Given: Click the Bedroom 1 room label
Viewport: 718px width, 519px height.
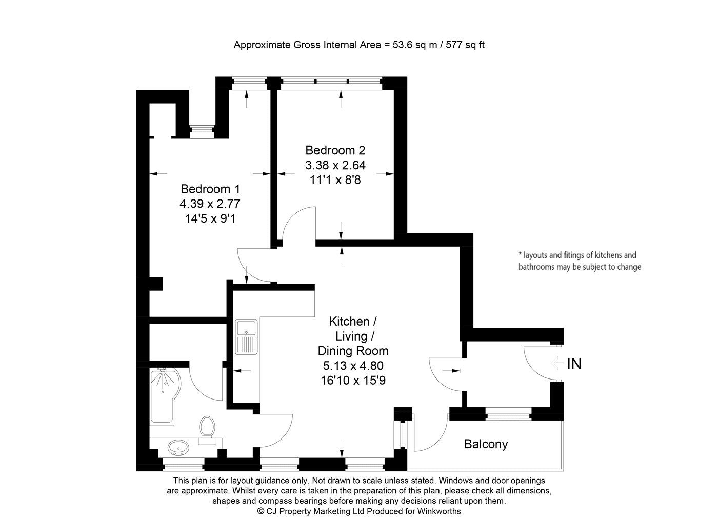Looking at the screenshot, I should point(210,189).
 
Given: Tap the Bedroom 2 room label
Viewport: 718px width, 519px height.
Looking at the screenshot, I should point(335,150).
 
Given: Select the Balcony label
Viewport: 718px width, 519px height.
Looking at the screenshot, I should point(486,444).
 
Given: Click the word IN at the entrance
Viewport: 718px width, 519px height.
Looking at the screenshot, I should point(574,364).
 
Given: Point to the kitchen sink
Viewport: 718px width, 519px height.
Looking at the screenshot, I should point(247,336).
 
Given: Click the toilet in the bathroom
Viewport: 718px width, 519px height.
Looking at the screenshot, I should point(207,427).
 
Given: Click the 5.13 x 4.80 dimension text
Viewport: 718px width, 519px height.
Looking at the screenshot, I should point(353,366).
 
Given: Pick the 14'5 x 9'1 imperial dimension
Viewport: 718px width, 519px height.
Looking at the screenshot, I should point(210,218).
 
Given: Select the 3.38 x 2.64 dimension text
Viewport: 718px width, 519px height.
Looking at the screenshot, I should point(335,165).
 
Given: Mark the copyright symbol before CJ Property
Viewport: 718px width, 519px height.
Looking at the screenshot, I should point(261,511).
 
